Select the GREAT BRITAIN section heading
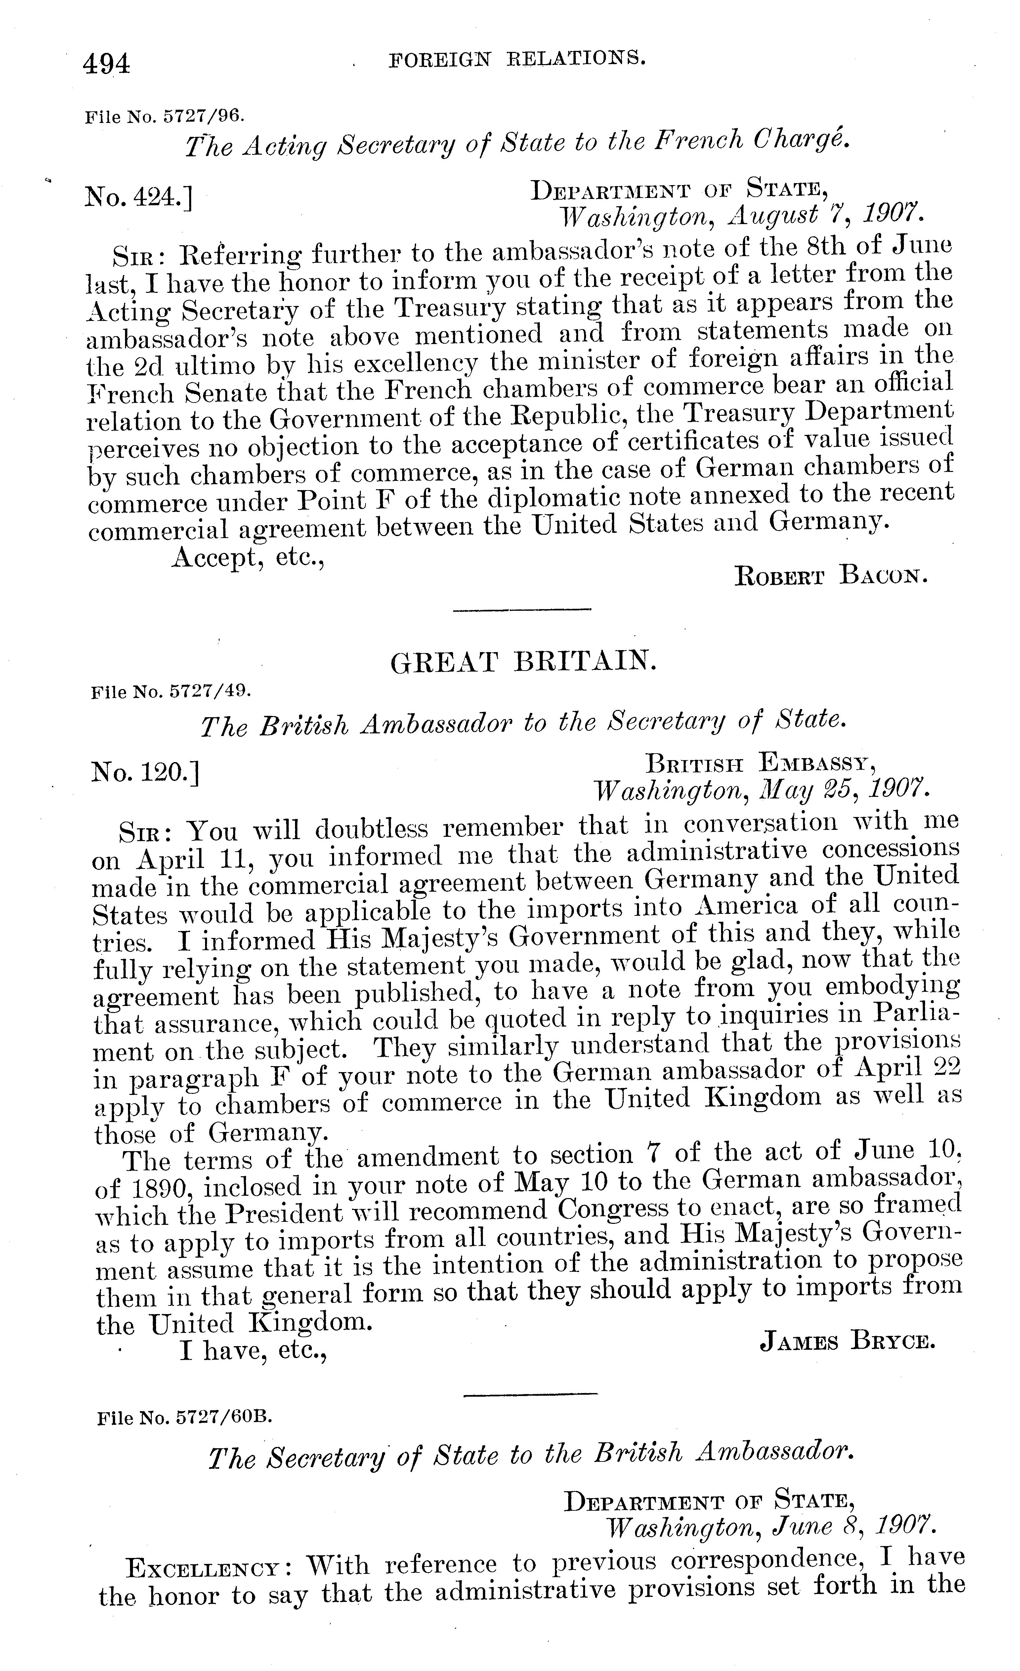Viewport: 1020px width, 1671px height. pos(523,661)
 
